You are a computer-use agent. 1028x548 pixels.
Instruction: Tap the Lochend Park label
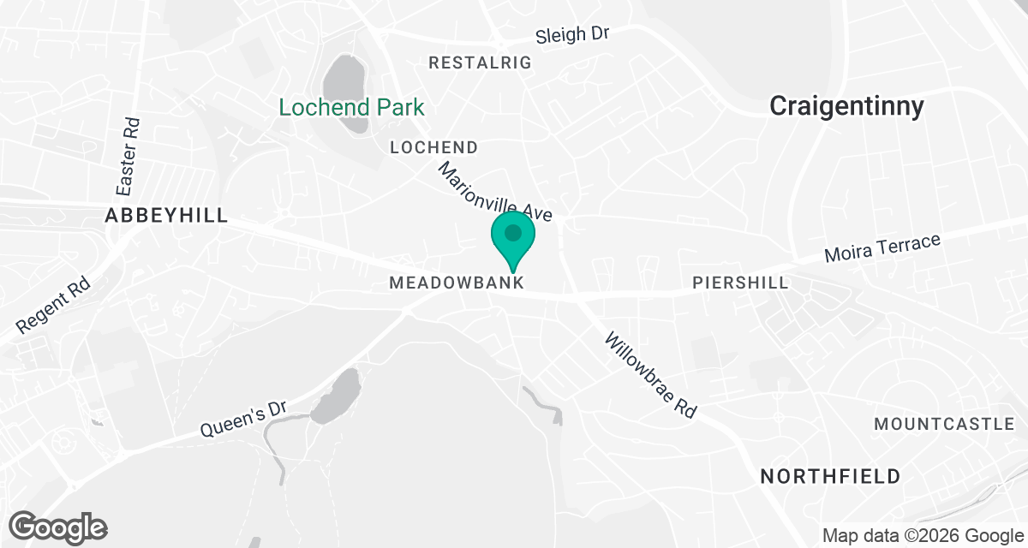(x=352, y=108)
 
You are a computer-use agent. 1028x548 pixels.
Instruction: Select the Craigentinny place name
(x=846, y=106)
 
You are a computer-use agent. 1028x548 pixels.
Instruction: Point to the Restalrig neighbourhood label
(x=480, y=63)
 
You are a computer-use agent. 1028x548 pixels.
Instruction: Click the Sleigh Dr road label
(x=572, y=35)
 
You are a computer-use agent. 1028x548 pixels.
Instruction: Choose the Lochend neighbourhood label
(x=433, y=148)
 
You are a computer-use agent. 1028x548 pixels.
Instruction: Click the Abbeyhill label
(x=166, y=216)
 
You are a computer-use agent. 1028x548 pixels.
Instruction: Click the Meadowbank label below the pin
(x=456, y=283)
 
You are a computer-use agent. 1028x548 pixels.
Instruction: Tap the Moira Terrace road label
(x=882, y=248)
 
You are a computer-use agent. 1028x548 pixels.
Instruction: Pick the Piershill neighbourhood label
(x=740, y=283)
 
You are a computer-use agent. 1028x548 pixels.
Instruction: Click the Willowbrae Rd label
(x=650, y=375)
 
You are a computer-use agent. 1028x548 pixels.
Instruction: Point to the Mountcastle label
(x=944, y=425)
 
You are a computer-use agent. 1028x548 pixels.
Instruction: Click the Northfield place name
(x=830, y=476)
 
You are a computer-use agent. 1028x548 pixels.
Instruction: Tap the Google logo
(x=58, y=526)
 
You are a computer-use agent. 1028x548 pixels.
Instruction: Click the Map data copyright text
(x=923, y=536)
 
